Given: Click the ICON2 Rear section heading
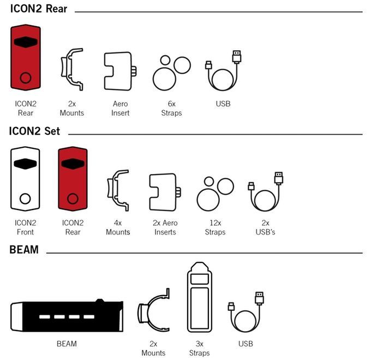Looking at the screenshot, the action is [39, 9].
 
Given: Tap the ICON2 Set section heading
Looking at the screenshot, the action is [34, 131].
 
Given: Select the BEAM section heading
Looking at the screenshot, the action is [24, 249].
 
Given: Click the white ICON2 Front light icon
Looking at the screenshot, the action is [25, 179].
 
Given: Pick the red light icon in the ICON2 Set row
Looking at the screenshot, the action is [73, 179].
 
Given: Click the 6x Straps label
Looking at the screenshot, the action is [171, 109].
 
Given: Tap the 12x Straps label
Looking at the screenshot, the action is [215, 227].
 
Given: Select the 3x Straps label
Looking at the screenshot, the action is [200, 349].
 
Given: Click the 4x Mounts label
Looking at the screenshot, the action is [118, 227].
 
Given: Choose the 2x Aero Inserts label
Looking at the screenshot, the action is [165, 227].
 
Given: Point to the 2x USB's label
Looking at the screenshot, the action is [265, 227].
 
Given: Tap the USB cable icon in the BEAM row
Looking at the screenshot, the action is [246, 312].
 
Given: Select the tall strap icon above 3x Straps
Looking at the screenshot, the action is [200, 297].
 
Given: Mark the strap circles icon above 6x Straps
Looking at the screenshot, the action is [171, 73].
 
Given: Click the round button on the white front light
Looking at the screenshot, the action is [25, 199].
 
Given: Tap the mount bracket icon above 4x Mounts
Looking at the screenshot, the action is [118, 190].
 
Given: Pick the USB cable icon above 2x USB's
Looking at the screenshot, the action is [266, 191].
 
